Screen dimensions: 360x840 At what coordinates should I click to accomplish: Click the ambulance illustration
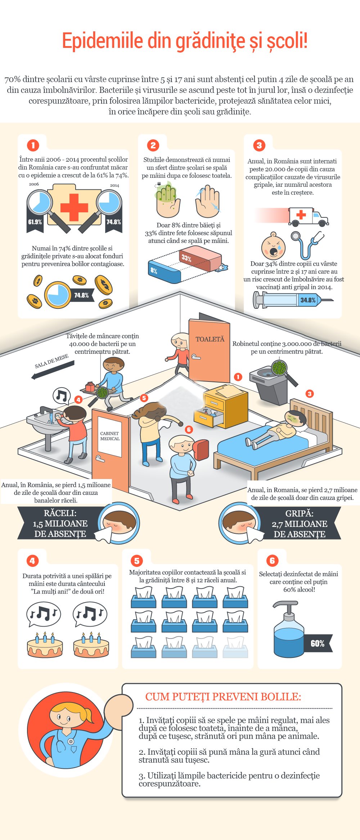pos(309,216)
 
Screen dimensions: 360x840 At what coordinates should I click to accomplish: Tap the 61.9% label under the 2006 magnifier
pos(35,222)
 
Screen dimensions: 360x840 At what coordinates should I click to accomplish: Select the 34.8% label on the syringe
pos(308,300)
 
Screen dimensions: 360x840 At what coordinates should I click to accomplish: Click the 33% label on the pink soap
pos(186,258)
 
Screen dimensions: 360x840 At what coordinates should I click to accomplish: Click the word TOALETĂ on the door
pos(210,339)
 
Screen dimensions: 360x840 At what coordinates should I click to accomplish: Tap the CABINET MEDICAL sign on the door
pos(110,436)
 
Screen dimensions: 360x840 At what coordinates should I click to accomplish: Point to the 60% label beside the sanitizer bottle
pos(318,643)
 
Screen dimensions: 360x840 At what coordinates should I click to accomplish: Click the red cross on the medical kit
pos(74,207)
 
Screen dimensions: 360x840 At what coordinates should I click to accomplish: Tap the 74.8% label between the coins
pos(81,295)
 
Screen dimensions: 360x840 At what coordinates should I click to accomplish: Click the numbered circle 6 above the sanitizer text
pos(272,560)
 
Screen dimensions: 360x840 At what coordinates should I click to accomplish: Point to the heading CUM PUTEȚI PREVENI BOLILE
pos(223,696)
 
